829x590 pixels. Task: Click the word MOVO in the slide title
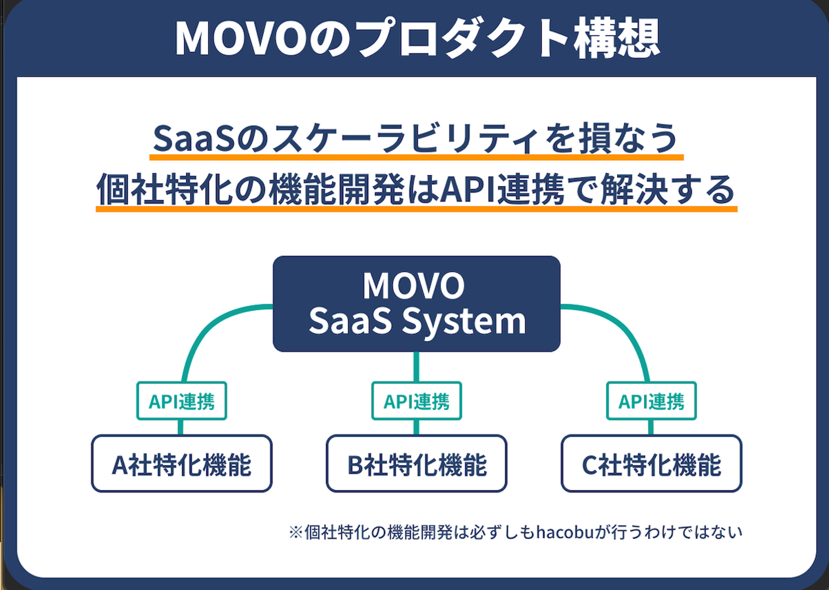242,39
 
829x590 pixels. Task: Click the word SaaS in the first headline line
193,138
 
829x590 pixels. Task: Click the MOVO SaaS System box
416,304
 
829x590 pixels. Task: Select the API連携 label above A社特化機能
181,401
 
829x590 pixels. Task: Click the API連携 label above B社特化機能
416,401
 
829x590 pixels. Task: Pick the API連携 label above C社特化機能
651,401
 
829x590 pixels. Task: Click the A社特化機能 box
181,464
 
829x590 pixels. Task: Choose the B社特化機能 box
416,464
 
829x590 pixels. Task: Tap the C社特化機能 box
651,464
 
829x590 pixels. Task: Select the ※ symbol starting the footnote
296,532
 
